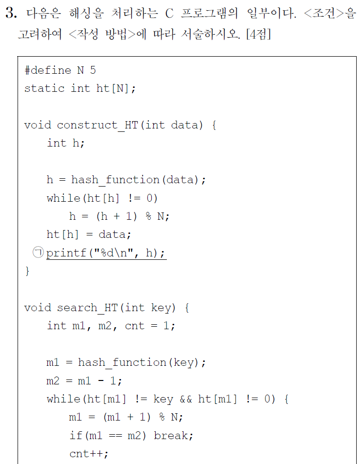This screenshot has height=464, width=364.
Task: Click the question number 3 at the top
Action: (11, 14)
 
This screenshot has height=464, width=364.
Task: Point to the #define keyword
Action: (48, 70)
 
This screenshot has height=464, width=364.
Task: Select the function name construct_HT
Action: (98, 125)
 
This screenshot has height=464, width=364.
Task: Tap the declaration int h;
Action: (65, 143)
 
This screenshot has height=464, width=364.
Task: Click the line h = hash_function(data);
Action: (126, 180)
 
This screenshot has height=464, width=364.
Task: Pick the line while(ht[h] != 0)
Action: (102, 198)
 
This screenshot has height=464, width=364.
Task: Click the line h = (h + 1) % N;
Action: (119, 216)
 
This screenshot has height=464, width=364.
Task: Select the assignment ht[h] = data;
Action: (89, 234)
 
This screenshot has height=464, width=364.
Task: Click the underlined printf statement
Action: (106, 253)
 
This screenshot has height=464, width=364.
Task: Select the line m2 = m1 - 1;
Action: (84, 380)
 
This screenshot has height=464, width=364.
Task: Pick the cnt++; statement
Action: (89, 454)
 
